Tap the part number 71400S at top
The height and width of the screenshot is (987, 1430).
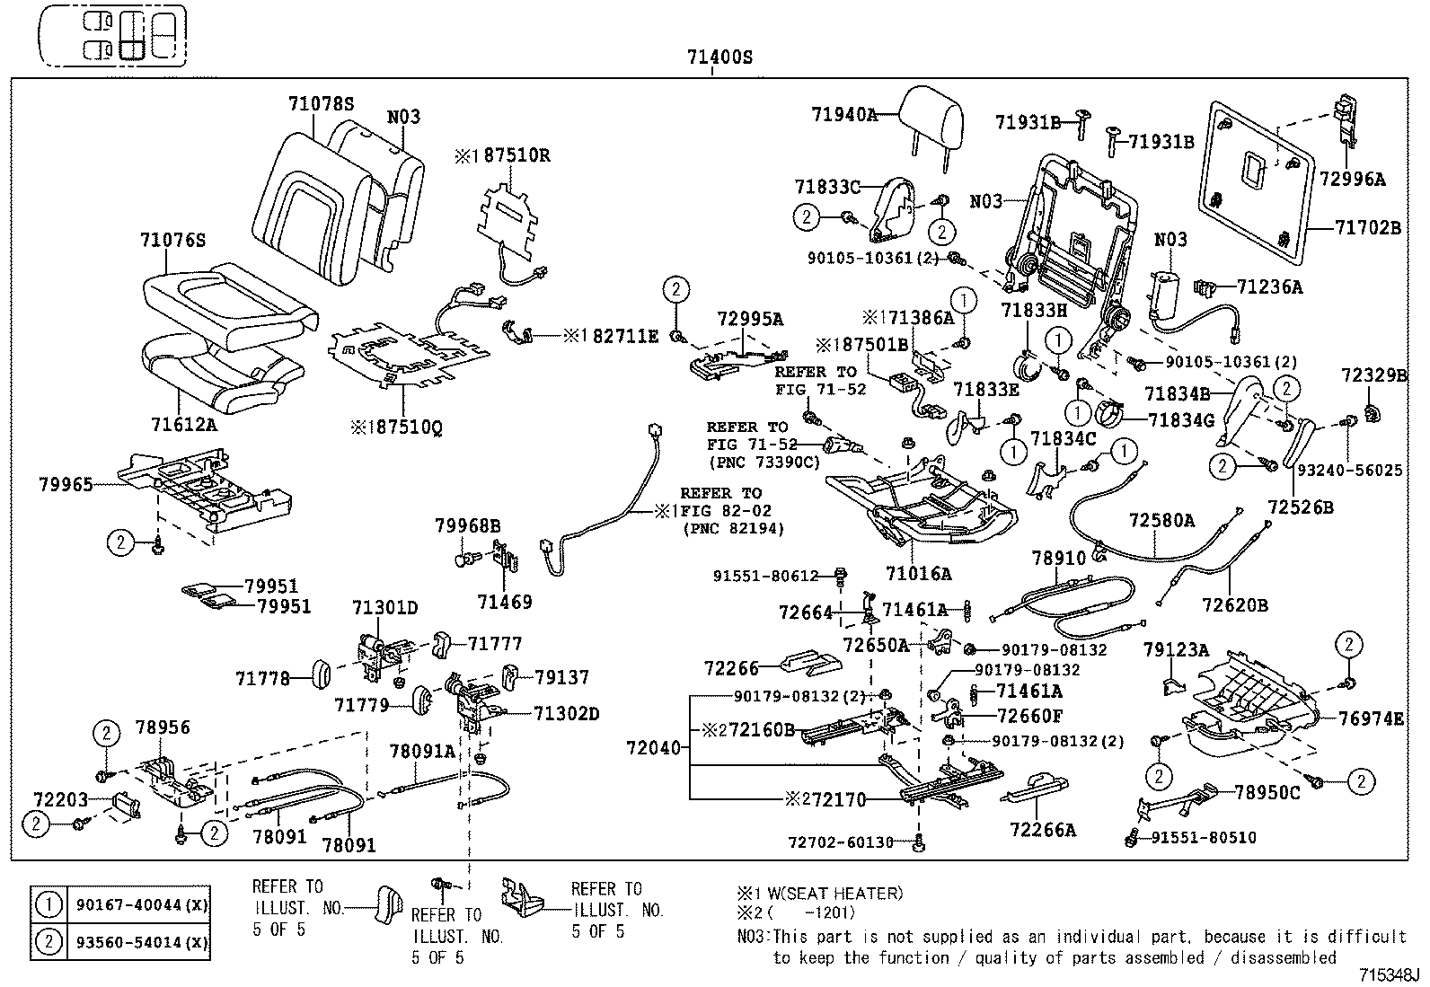tap(719, 58)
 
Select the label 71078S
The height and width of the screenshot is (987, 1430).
tap(321, 103)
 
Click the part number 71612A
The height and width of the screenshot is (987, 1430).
tap(184, 424)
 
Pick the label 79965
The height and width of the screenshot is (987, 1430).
tap(66, 485)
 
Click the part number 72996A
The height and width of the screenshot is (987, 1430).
tap(1352, 180)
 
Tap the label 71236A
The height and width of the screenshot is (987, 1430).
tap(1269, 286)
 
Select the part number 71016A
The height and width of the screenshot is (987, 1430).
tap(918, 573)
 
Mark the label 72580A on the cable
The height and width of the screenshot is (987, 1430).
tap(1161, 520)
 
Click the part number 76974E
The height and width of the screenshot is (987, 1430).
tap(1370, 718)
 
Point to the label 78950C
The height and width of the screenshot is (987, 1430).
tap(1267, 792)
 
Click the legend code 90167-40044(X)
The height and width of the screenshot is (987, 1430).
tap(137, 905)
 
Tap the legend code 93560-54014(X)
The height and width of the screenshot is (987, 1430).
tap(137, 941)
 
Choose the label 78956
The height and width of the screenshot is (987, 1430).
tap(163, 727)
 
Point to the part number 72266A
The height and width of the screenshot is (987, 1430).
tap(1042, 830)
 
